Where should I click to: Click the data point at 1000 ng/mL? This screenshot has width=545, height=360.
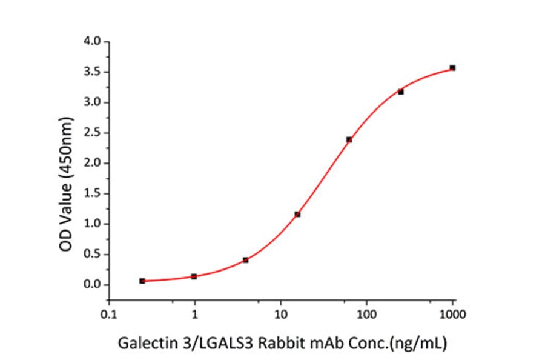coord(452,68)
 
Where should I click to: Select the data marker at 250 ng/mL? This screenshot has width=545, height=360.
coord(401,92)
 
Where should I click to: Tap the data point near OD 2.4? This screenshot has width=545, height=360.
coord(349,139)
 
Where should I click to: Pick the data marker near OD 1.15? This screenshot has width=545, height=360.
coord(297,214)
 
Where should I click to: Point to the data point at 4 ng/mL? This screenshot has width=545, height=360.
coord(245,260)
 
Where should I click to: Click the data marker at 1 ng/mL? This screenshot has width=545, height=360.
coord(194,276)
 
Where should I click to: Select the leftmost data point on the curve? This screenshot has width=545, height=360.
coord(142,281)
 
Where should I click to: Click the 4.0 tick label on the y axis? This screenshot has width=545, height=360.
coord(93,42)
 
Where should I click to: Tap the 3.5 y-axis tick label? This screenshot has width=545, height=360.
coord(93,72)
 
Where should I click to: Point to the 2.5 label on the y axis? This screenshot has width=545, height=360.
coord(93,133)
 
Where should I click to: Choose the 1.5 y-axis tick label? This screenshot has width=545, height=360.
coord(93,194)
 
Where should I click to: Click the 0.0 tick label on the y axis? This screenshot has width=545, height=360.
coord(93,285)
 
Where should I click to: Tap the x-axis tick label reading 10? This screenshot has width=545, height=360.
coord(280,315)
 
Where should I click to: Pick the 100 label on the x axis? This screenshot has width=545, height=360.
coord(366,315)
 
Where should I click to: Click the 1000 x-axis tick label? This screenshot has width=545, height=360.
coord(452,315)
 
